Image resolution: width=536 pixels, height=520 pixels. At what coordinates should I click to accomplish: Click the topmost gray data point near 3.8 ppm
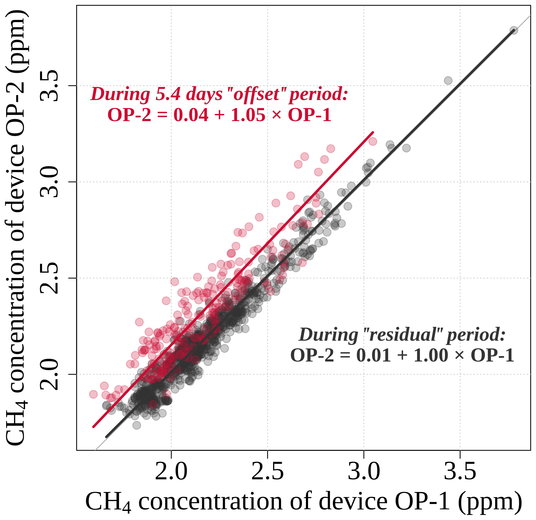pos(514,30)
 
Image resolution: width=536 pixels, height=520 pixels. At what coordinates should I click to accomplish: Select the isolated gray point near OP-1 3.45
pos(448,81)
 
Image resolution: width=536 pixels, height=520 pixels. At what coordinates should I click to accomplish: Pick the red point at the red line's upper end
pos(373,141)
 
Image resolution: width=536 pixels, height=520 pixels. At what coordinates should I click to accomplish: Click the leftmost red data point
pos(93,394)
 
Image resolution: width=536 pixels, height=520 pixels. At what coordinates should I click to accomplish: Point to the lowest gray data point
pos(136,425)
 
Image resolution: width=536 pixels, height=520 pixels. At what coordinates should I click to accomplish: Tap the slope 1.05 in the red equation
pos(248,115)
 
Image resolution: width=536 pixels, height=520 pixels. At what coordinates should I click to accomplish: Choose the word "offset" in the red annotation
pos(256,94)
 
